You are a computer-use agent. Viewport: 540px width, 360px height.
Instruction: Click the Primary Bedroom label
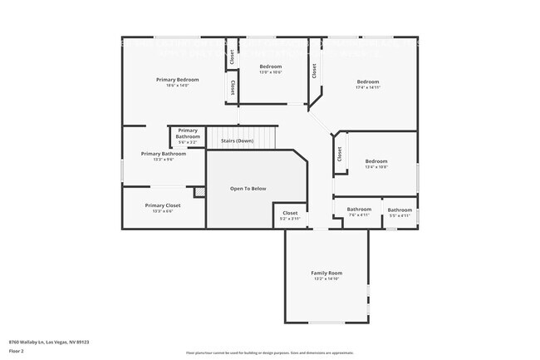177,80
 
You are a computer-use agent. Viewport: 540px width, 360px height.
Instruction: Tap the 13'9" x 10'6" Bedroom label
271,67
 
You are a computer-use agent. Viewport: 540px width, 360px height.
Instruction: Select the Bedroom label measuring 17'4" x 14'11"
367,81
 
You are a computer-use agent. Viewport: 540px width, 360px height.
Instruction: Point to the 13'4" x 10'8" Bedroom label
376,161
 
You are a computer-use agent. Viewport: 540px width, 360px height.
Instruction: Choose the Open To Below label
248,189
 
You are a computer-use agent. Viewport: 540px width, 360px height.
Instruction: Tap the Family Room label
326,273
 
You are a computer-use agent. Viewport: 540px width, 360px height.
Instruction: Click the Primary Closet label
162,205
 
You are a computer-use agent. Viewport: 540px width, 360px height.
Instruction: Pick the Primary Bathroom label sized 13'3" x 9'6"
163,154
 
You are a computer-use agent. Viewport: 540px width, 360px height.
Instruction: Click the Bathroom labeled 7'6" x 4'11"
359,210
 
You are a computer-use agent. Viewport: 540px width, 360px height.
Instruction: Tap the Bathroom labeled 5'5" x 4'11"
400,210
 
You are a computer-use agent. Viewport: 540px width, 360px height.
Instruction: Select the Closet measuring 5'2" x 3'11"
290,214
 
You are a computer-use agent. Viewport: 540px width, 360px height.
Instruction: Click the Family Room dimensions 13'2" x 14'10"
326,279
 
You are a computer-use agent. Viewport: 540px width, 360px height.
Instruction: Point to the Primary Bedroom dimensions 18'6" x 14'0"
177,86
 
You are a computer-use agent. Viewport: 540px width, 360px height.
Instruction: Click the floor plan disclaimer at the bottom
269,353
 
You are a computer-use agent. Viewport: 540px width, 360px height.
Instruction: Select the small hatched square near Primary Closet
199,192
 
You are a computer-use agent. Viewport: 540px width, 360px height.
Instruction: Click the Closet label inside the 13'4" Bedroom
339,155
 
